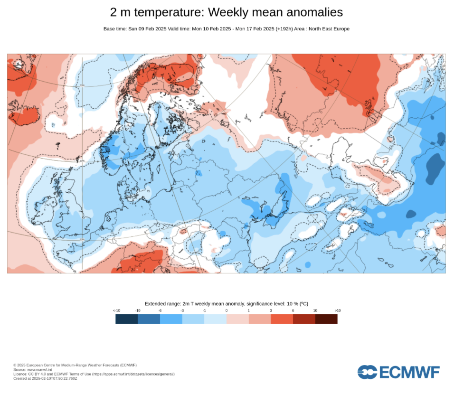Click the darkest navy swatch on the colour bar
126,319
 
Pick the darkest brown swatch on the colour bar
326,319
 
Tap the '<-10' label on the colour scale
116,310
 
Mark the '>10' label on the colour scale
337,310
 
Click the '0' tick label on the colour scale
227,310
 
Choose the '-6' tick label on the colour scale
160,310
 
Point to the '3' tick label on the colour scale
271,310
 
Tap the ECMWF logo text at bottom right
409,373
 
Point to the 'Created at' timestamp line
45,378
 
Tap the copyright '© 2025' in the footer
20,365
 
